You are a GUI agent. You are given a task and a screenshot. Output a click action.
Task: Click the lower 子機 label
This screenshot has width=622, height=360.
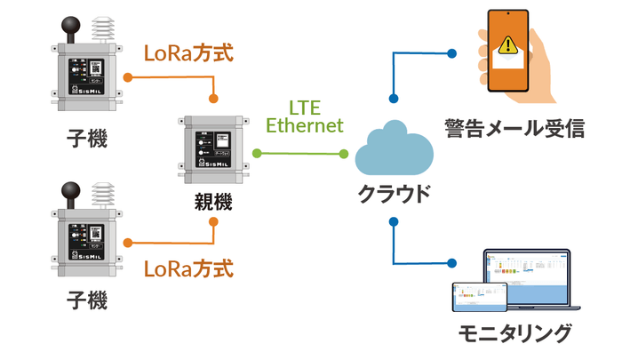87,300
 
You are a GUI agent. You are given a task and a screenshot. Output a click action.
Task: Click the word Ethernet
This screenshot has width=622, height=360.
305,126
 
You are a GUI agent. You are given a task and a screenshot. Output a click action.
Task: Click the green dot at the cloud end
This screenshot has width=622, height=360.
343,154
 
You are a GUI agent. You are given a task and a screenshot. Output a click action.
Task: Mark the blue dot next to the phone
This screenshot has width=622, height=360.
452,54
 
